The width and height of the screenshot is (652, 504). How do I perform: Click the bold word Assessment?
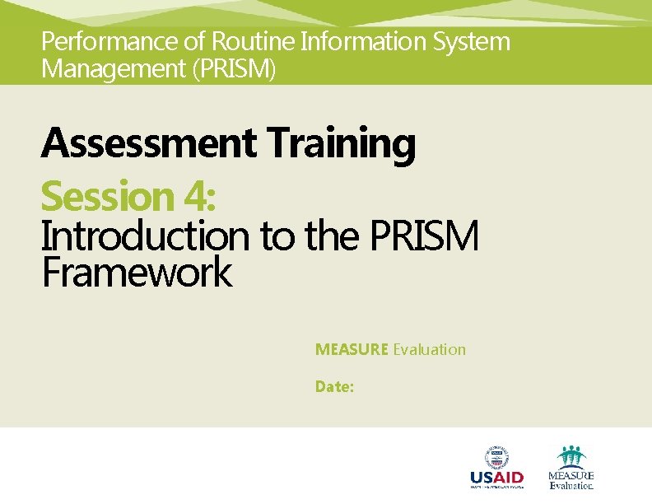[x=148, y=143]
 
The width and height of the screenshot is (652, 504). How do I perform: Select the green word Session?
[x=105, y=197]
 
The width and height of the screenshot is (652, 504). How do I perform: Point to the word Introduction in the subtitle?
[x=145, y=237]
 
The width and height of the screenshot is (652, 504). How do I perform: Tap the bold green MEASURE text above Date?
[x=352, y=349]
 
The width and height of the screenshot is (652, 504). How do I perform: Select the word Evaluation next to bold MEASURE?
[x=429, y=349]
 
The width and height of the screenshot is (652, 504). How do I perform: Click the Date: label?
[x=335, y=385]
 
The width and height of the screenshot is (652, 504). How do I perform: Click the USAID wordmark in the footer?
[x=496, y=478]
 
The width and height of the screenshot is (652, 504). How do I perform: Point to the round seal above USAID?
[x=496, y=456]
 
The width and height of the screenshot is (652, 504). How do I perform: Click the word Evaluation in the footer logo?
[x=570, y=486]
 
